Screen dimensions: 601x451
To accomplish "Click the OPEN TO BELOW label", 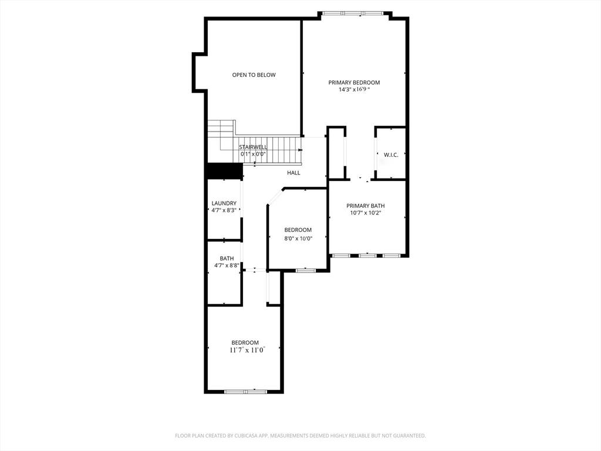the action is click(254, 75).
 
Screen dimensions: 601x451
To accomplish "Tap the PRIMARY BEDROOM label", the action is click(354, 82).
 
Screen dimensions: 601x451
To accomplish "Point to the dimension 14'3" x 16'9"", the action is click(354, 90).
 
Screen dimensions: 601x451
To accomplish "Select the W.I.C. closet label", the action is click(391, 155).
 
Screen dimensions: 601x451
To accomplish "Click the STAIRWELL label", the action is click(254, 147).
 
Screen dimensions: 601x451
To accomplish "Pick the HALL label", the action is click(293, 173).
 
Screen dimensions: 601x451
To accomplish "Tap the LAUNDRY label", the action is click(224, 203).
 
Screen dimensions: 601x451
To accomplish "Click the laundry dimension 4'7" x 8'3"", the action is click(224, 210).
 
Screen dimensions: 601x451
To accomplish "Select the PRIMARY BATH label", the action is click(366, 206).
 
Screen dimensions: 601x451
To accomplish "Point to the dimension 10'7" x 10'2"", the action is click(366, 213).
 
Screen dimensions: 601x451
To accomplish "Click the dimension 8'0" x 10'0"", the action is click(298, 238).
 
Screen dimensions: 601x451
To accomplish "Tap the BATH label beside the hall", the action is click(227, 258).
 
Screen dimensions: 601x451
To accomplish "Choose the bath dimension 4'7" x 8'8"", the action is click(227, 265).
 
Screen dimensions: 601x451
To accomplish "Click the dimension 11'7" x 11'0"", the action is click(247, 350).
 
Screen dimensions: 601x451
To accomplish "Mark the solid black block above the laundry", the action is click(225, 171).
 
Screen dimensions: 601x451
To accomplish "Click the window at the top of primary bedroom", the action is click(353, 14).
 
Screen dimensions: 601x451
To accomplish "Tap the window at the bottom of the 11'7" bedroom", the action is click(245, 392).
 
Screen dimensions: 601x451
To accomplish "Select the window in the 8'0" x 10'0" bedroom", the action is click(305, 270).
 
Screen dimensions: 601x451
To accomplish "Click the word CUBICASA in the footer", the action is click(244, 436).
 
